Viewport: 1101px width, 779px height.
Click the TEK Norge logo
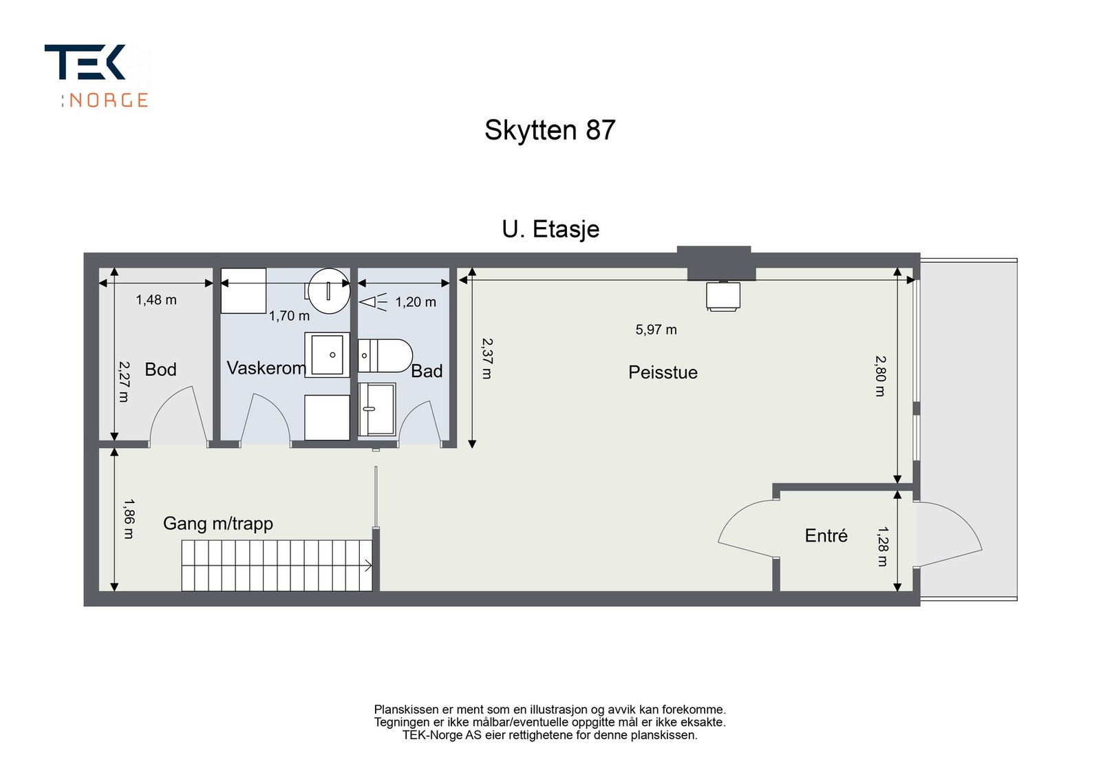point(96,76)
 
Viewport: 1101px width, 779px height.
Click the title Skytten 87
point(549,130)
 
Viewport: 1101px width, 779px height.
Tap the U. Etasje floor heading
point(550,229)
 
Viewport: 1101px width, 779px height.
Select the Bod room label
point(160,370)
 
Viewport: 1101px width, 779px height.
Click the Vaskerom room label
point(266,368)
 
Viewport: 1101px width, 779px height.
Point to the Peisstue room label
point(663,372)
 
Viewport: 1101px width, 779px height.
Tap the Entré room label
point(826,535)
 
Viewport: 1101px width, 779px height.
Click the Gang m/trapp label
point(217,524)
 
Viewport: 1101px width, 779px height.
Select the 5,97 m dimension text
point(656,330)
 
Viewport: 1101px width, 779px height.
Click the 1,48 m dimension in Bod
point(156,300)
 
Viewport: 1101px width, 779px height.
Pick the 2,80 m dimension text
point(880,376)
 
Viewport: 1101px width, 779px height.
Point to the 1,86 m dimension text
point(129,519)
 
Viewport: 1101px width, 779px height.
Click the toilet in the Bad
point(385,356)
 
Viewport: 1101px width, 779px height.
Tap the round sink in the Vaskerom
point(329,290)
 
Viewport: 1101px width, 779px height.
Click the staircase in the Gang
point(277,566)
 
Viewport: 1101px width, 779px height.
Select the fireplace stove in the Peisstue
point(723,296)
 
